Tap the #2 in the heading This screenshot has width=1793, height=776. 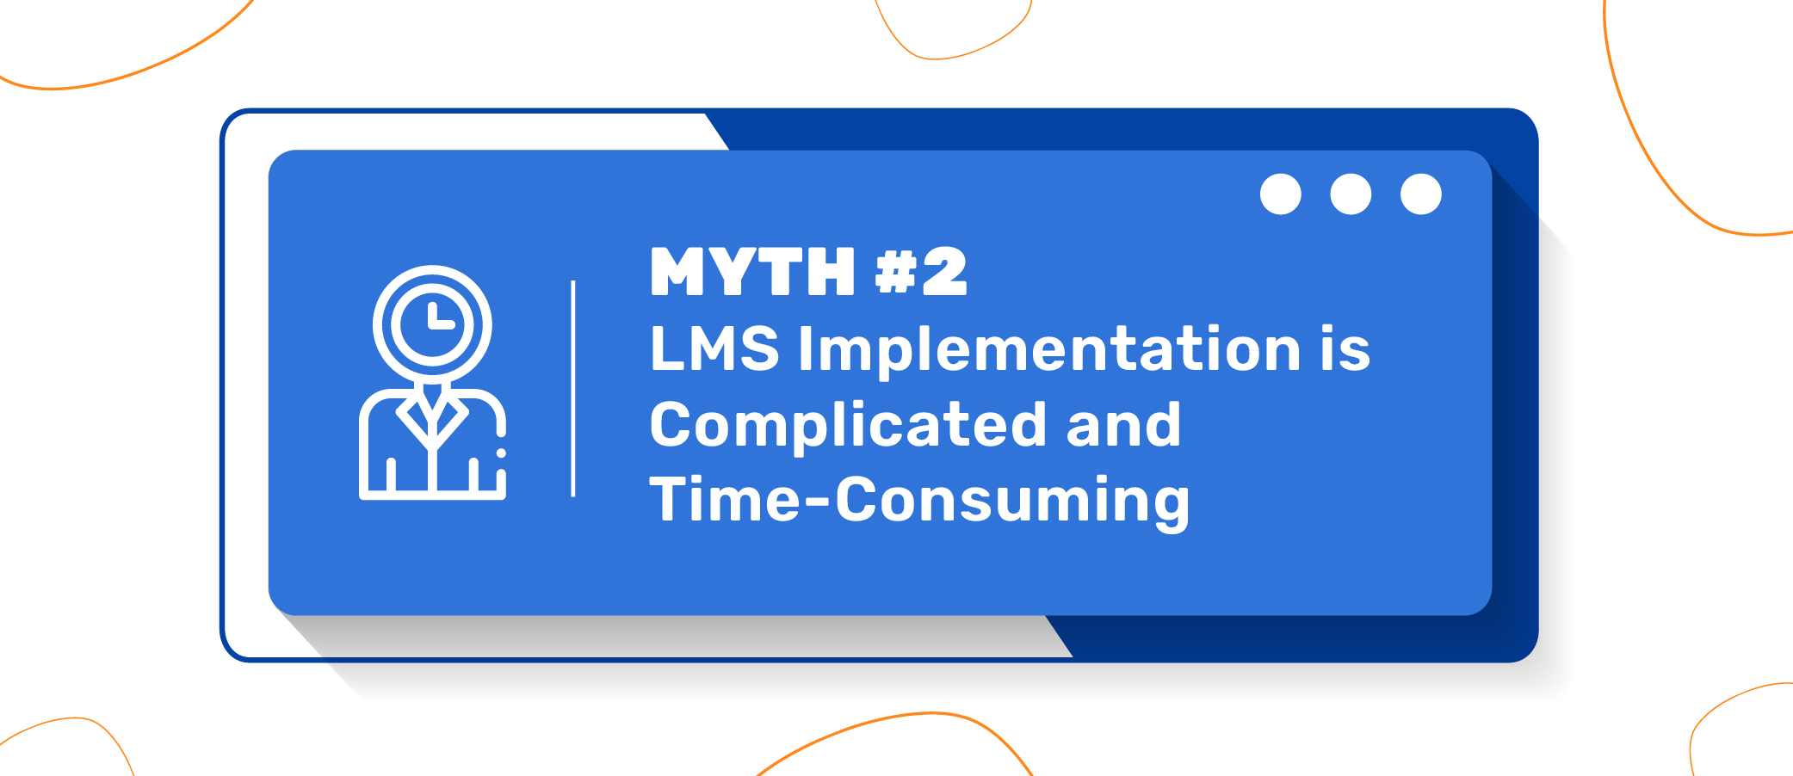coord(921,272)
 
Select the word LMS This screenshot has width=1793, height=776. coord(714,348)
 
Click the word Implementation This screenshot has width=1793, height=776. coord(1049,350)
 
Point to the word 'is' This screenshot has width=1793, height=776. coord(1345,348)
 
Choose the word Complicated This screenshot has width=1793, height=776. coord(848,427)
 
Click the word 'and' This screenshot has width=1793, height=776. coord(1123,424)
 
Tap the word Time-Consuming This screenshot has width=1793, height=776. coord(919,502)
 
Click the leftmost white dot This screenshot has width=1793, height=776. coord(1281,194)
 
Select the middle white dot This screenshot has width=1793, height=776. coord(1351,194)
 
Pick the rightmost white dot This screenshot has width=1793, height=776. coord(1421,194)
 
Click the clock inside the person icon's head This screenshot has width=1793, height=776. coord(432,324)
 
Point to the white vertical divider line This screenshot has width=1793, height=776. coord(573,388)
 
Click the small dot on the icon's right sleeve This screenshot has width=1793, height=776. coord(501,453)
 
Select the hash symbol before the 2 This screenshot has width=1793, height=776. coord(895,272)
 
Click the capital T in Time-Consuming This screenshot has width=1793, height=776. coord(670,499)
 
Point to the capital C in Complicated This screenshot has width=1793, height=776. coord(673,424)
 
